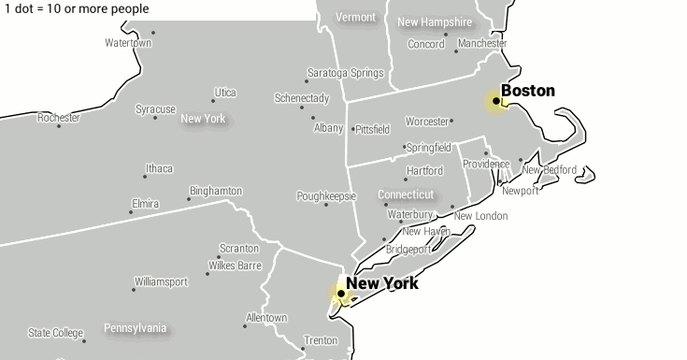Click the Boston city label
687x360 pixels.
[x=528, y=91]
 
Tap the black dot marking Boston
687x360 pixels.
[x=495, y=101]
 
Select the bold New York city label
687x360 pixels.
[x=382, y=283]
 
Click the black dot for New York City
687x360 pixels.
[x=341, y=294]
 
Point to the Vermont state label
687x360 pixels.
[x=355, y=17]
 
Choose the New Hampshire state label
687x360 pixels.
[x=435, y=22]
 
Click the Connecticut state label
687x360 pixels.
[x=407, y=194]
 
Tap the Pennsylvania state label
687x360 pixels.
[x=136, y=328]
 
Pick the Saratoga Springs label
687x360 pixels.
[x=345, y=73]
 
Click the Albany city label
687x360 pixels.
[x=329, y=128]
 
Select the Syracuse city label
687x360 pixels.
[x=155, y=109]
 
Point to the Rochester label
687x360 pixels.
[x=59, y=118]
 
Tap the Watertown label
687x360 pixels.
[x=128, y=43]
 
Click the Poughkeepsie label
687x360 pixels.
[x=326, y=196]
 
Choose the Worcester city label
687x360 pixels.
[x=427, y=122]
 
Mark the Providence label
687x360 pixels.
[x=486, y=164]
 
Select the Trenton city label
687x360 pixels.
[x=321, y=340]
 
